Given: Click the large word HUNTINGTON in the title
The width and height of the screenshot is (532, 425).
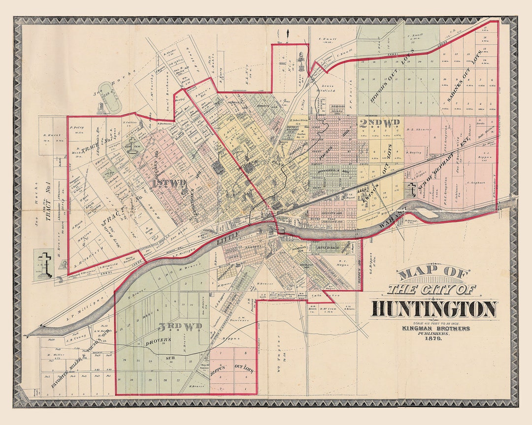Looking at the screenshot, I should pos(434,309).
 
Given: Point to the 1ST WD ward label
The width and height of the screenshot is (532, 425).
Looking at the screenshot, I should pos(169,183).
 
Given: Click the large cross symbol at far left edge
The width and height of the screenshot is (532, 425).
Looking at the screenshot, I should pos(45,259).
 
